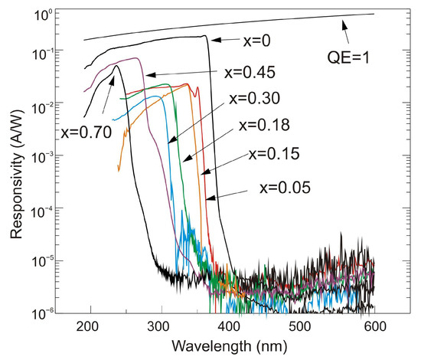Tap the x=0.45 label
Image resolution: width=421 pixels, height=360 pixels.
coord(250,74)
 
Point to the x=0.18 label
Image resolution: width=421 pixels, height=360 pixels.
coord(264,125)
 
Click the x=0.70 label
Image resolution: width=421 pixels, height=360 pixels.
coord(86,131)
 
